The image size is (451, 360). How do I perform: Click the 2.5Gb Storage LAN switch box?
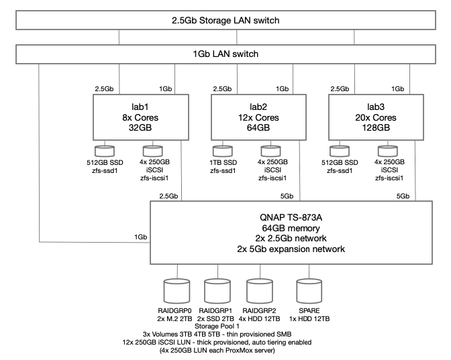(225, 20)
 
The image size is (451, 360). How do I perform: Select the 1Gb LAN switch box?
(225, 53)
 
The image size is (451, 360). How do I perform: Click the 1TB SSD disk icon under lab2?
(222, 152)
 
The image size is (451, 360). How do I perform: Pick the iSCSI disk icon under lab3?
(389, 152)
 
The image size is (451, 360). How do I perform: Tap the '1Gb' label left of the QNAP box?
(140, 237)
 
